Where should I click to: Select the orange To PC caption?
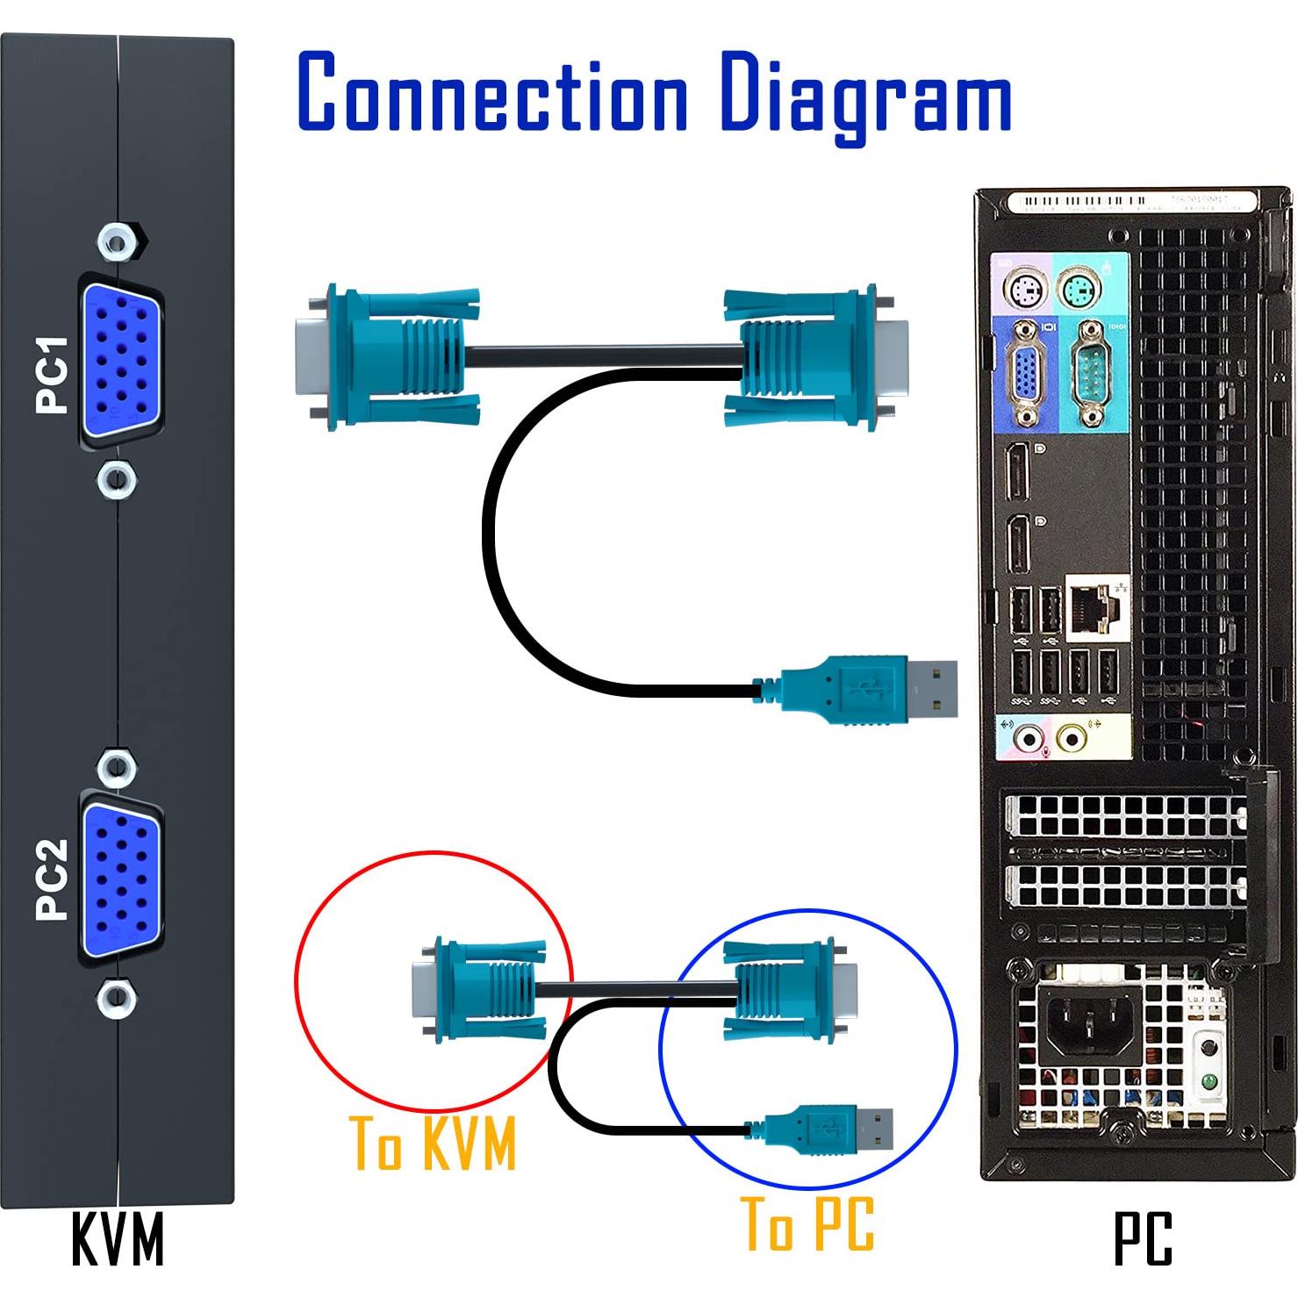807,1223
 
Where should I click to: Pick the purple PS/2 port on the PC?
1025,290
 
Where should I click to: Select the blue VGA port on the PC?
1025,376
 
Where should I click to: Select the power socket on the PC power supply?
1088,1022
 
